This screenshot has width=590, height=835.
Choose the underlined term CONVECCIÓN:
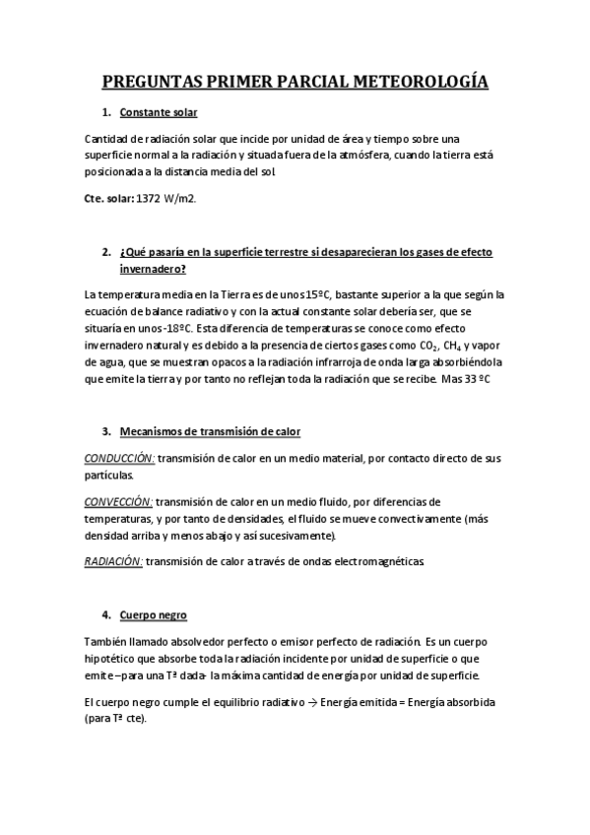pos(118,500)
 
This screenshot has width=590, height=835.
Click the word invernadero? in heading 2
pos(153,268)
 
